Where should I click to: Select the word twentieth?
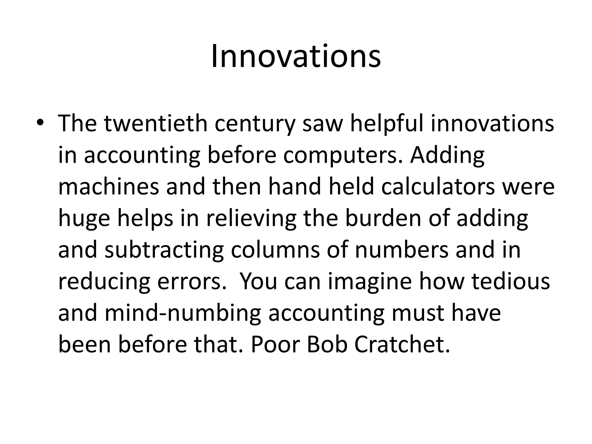[156, 123]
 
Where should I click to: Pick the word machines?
[108, 186]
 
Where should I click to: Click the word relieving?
[251, 218]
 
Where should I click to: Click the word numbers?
[402, 250]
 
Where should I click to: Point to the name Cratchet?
[402, 345]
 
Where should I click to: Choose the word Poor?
[275, 345]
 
